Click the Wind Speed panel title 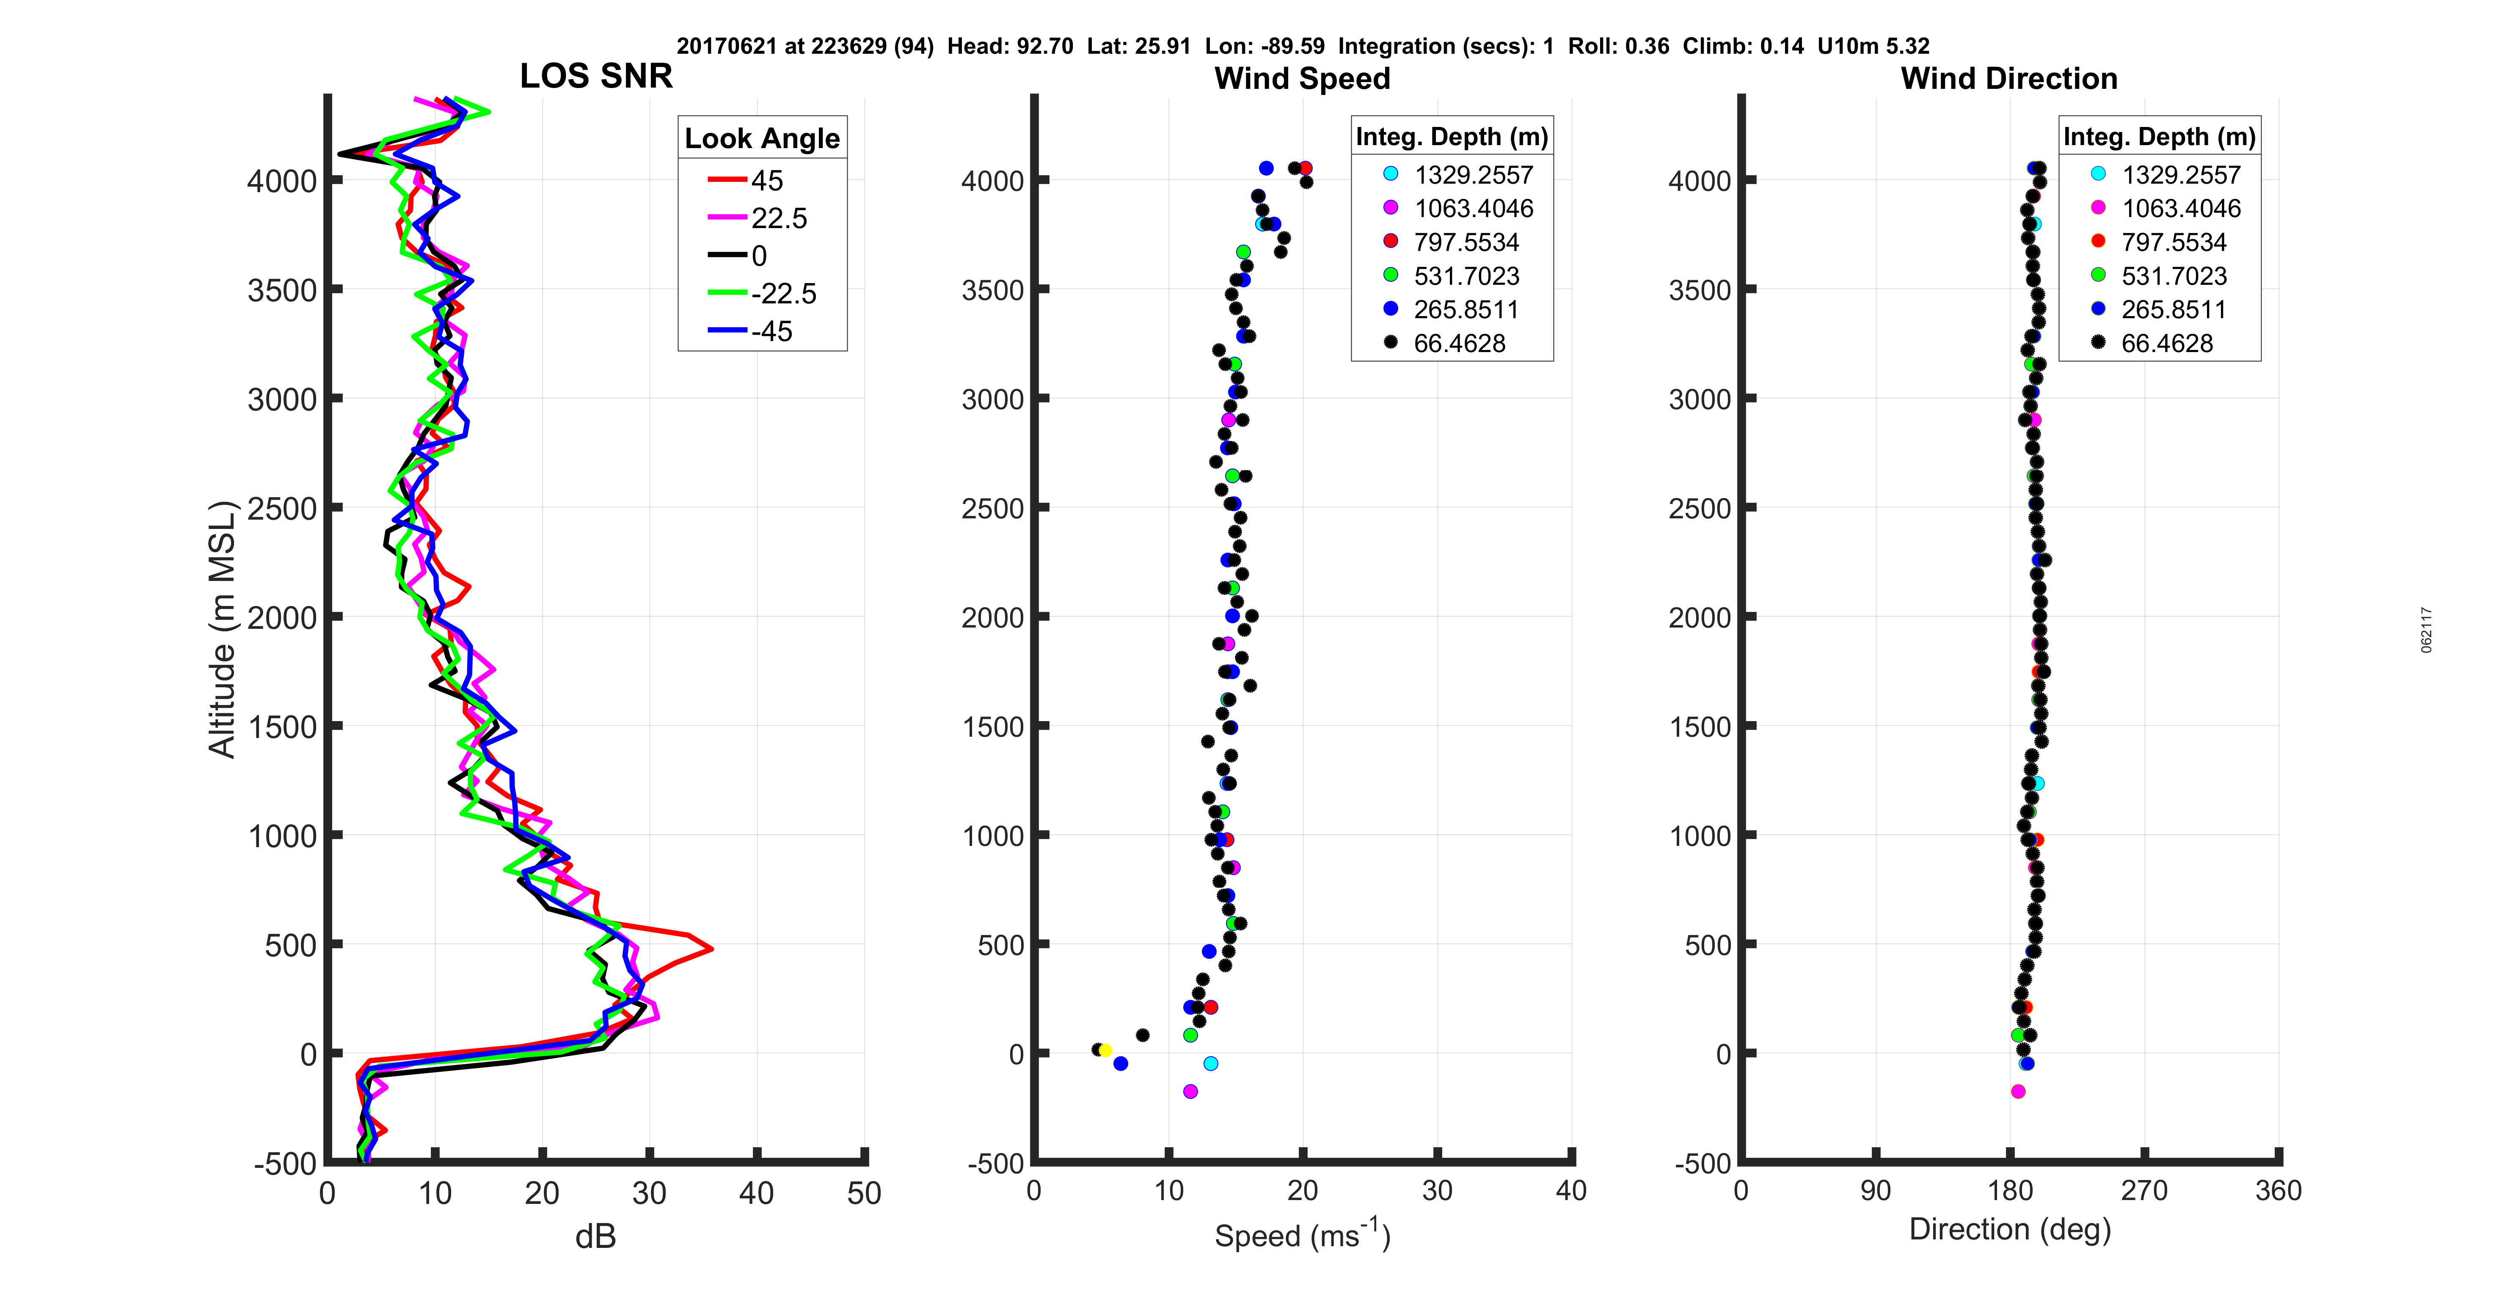point(1302,78)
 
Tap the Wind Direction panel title point(2009,78)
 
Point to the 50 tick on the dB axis point(864,1194)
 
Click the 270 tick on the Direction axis point(2145,1191)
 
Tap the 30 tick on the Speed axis point(1437,1191)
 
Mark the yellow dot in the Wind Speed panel point(1105,1051)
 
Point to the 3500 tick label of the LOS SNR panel point(281,290)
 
